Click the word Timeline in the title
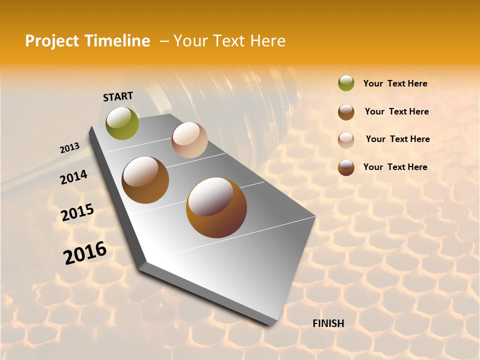pos(118,41)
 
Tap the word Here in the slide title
pos(267,41)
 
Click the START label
pos(118,96)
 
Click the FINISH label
pos(328,323)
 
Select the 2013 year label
pos(69,148)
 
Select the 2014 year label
pos(73,177)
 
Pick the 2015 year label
pos(77,212)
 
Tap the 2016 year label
pos(85,253)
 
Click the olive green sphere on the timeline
pos(122,123)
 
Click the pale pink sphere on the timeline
pos(189,140)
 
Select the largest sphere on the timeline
pos(216,207)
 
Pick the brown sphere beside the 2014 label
pos(145,180)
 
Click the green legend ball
pos(346,83)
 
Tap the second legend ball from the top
pos(346,112)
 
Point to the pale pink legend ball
pos(346,140)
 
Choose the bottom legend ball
pos(346,167)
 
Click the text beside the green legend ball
pos(395,83)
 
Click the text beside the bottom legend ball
pos(395,167)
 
